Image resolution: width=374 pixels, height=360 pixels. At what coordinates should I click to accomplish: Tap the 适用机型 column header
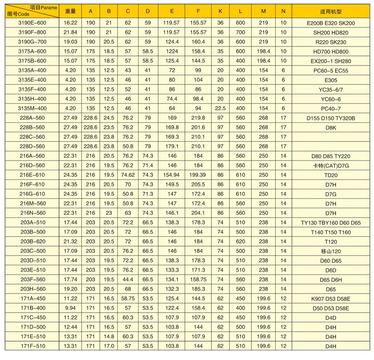click(x=331, y=11)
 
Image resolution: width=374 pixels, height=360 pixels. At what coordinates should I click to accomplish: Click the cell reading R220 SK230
click(x=331, y=41)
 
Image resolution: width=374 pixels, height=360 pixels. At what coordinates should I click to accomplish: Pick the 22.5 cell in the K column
click(x=220, y=107)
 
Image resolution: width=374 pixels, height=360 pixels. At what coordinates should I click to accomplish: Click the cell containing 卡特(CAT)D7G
click(x=331, y=165)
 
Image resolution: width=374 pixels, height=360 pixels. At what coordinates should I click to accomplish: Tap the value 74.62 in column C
click(x=128, y=174)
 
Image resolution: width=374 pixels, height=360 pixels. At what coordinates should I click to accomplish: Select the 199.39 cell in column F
click(x=198, y=174)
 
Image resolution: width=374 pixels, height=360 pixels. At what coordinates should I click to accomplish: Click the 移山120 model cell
click(x=331, y=250)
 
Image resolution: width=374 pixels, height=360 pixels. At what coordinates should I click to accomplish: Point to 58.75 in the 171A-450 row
click(x=128, y=298)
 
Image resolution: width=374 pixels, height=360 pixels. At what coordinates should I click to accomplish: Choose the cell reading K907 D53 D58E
click(x=331, y=298)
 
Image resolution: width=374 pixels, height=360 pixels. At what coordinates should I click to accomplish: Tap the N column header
click(x=283, y=11)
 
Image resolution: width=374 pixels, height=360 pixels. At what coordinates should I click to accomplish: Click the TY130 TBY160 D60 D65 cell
click(x=331, y=222)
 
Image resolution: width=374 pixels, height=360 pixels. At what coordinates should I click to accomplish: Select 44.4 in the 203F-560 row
click(x=128, y=279)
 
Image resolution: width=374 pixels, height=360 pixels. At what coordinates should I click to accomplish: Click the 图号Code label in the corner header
click(x=17, y=15)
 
